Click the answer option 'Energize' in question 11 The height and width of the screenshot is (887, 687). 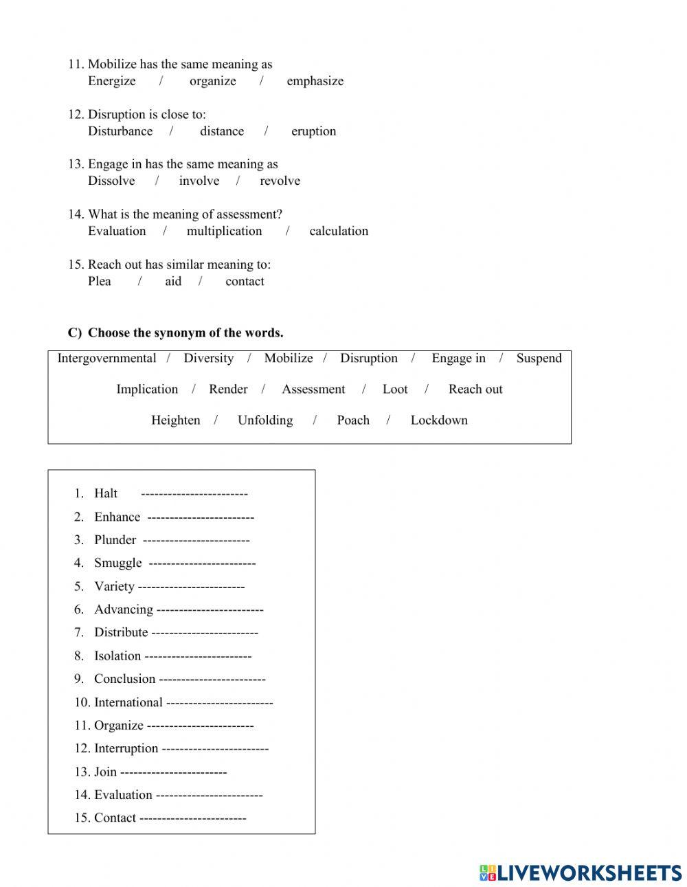111,81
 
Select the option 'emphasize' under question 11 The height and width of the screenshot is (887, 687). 315,81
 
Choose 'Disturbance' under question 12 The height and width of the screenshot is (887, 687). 120,131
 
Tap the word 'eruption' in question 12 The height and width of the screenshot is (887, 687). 313,131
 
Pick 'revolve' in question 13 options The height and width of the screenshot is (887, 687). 280,181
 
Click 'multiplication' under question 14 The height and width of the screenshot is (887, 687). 224,231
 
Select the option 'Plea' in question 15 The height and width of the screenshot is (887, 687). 99,281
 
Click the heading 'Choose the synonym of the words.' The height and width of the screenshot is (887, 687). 185,333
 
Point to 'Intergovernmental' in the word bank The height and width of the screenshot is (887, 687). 106,358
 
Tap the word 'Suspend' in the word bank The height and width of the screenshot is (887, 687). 539,358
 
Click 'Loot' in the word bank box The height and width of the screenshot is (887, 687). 394,389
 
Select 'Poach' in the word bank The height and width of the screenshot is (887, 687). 353,420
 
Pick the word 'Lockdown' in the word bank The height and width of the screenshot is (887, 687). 438,420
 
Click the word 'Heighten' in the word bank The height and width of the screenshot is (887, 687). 175,420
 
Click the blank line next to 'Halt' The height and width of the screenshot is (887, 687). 194,493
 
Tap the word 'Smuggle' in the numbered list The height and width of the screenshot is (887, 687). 117,563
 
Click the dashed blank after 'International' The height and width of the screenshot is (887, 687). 220,702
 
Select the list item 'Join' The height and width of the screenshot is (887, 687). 105,772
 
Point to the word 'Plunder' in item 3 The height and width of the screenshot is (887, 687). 115,540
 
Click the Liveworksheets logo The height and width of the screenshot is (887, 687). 581,873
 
